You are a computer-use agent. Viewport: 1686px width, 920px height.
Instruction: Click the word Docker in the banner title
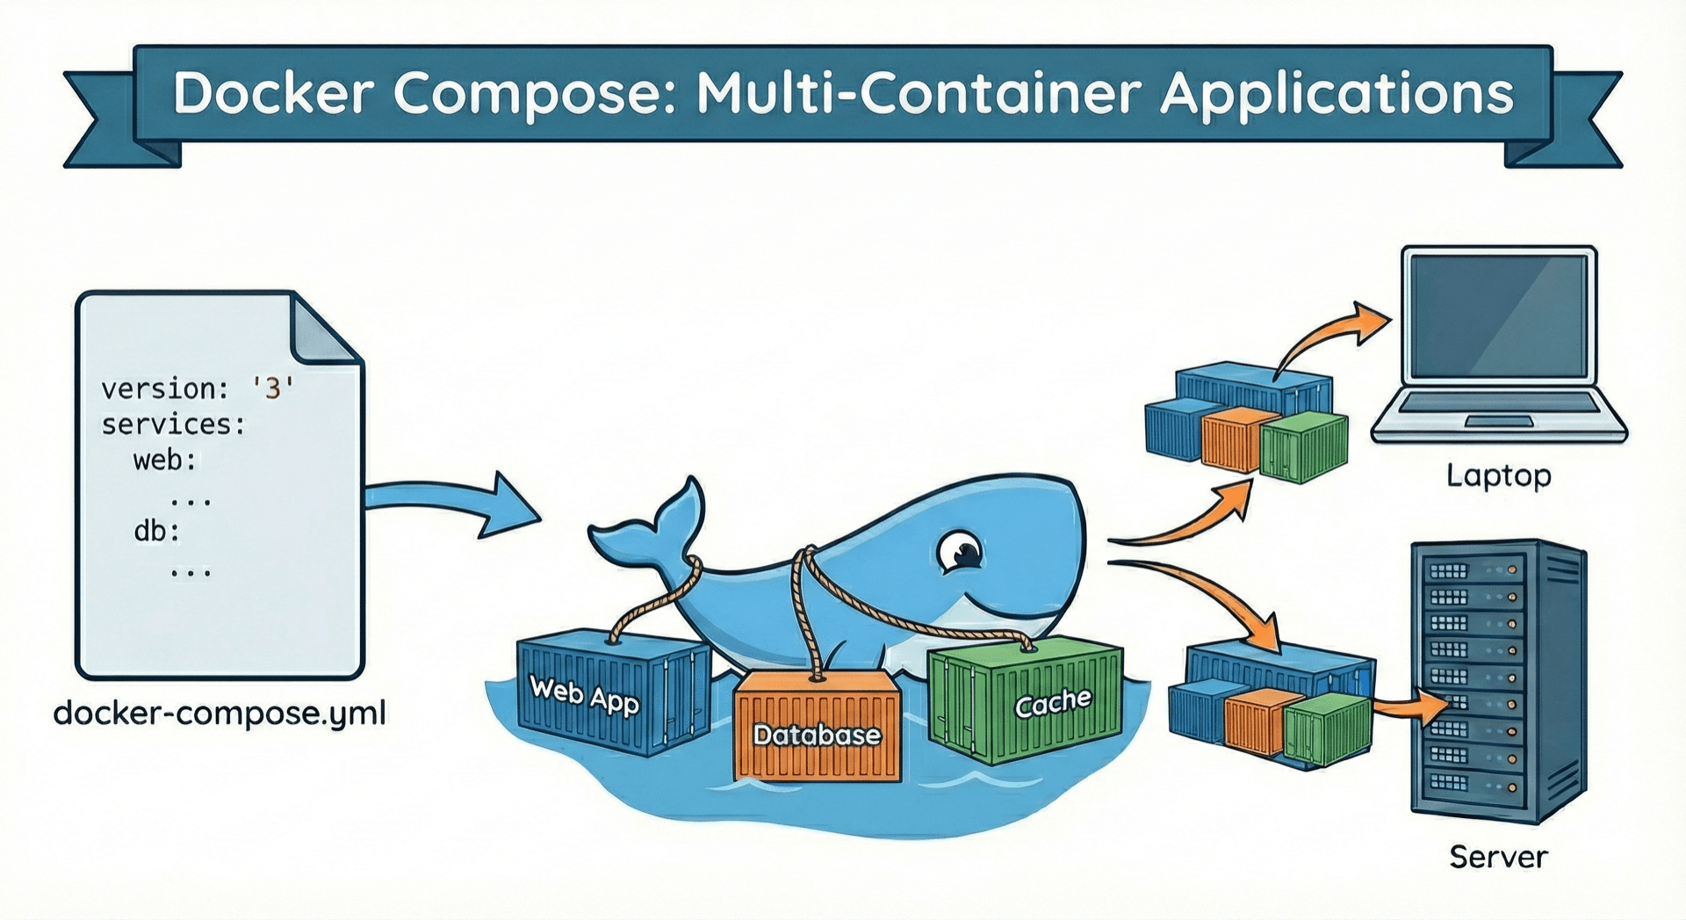273,92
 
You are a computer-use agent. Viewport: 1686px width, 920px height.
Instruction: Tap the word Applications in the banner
1337,94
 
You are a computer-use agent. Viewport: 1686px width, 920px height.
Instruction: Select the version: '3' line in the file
198,388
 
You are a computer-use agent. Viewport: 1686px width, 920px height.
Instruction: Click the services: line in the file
173,424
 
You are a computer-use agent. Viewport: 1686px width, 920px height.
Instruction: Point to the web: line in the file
165,460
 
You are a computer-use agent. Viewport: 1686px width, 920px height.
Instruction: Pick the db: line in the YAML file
156,531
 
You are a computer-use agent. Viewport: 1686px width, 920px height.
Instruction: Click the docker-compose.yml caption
220,713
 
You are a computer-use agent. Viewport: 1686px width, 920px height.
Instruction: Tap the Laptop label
1498,475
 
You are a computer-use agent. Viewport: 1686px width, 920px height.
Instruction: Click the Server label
1498,857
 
